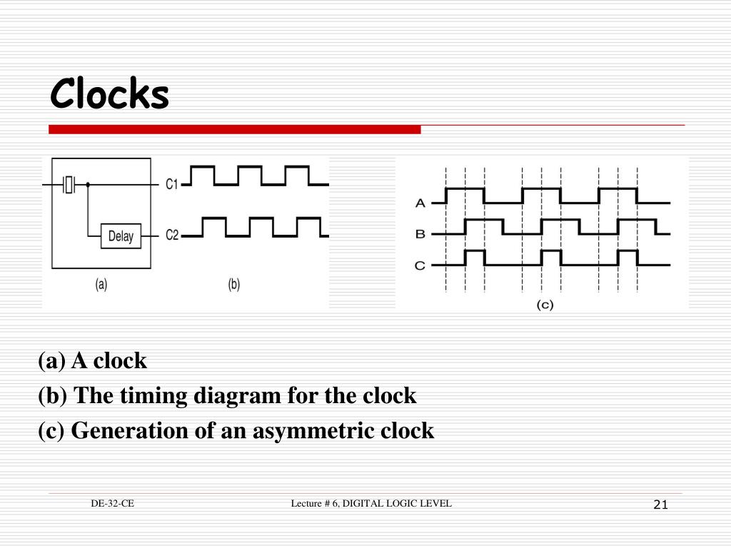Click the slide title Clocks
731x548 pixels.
(x=109, y=94)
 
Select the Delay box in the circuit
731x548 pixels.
(x=121, y=235)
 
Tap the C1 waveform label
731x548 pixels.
(x=172, y=184)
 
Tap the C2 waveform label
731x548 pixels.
(x=172, y=234)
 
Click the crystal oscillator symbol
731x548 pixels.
(x=69, y=185)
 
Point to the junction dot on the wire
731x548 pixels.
(x=88, y=185)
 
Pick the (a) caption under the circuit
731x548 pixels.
(x=101, y=284)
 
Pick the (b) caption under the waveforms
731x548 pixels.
(x=234, y=284)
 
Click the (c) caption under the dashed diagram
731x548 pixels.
(x=545, y=304)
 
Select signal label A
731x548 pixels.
(x=420, y=203)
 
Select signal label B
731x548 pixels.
(x=420, y=234)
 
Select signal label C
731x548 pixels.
(x=420, y=265)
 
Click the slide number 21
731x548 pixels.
(x=660, y=505)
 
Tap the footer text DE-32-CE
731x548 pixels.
(x=112, y=504)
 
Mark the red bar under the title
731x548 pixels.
(x=235, y=129)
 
